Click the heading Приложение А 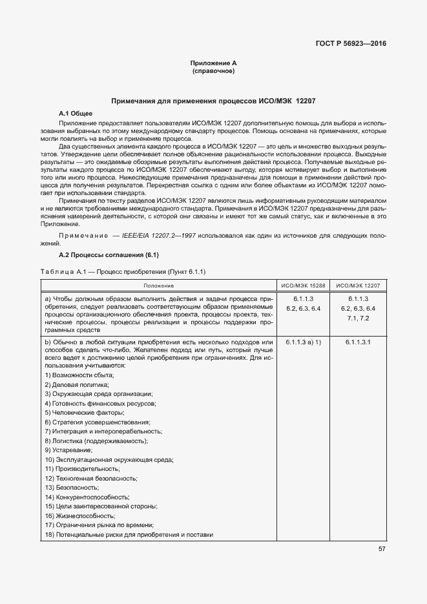click(213, 63)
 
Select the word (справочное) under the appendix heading click(213, 70)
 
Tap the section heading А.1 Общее click(76, 113)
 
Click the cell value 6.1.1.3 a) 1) click(303, 341)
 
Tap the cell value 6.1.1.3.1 click(358, 341)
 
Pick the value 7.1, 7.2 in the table click(358, 318)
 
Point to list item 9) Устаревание click(68, 450)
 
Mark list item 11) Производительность click(82, 469)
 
